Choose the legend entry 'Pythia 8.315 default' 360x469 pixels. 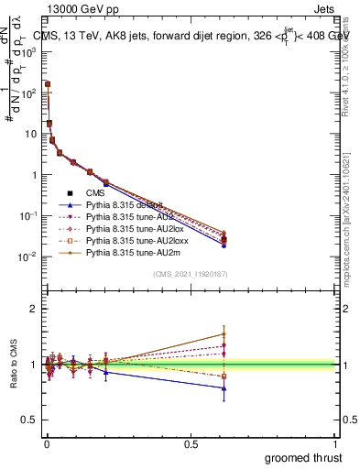[128, 206]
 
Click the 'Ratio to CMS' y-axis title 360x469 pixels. [13, 365]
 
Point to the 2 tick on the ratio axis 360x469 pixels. [34, 310]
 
